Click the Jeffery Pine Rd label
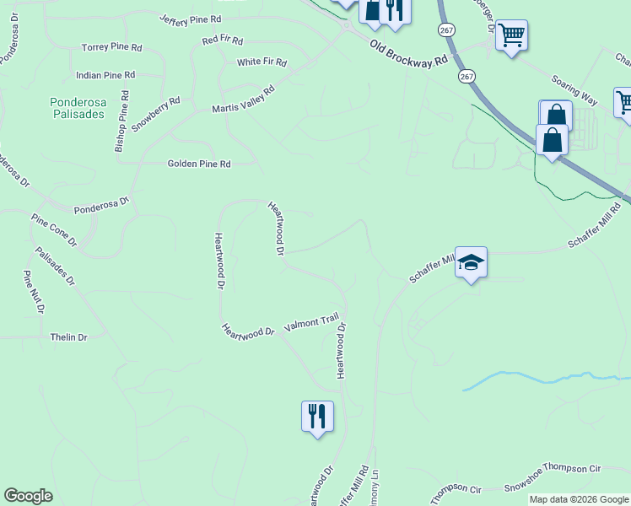tap(190, 19)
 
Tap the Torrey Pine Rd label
tap(111, 47)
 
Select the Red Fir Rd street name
tap(223, 40)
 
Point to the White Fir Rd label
tap(262, 62)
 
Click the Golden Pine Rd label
tap(199, 164)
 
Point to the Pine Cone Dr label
tap(54, 229)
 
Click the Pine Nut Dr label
tap(34, 292)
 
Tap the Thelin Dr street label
tap(69, 337)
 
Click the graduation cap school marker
tap(472, 264)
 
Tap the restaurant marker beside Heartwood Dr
tap(317, 417)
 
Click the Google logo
tap(28, 496)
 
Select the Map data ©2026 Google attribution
tap(579, 499)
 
